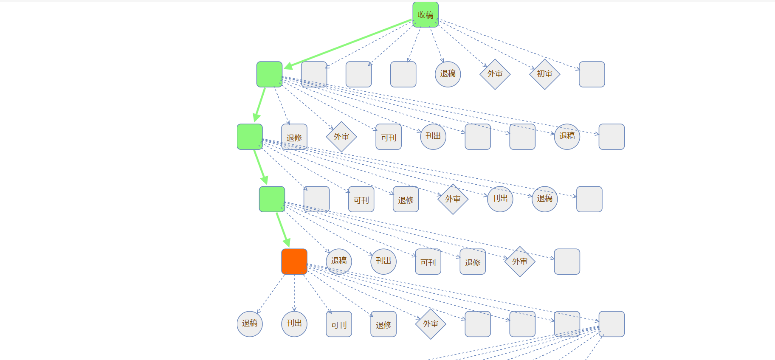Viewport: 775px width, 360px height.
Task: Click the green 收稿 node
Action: pos(426,14)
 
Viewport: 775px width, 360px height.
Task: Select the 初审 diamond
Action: pos(544,74)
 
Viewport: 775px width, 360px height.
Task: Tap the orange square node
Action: pos(294,262)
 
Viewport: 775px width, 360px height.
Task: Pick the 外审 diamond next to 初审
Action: pos(495,74)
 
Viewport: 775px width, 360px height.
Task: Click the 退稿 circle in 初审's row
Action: pos(448,74)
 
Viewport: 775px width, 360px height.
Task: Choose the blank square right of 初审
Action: pos(592,74)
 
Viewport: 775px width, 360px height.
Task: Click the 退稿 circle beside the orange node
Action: pos(339,262)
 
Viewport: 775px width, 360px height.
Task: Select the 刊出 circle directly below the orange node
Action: pos(294,324)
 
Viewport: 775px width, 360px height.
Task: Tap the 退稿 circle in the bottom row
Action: pos(250,324)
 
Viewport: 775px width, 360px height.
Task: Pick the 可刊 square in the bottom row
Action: pos(339,324)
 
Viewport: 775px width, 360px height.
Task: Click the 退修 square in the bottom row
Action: pos(383,324)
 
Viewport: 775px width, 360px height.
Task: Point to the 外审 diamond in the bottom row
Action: pos(431,324)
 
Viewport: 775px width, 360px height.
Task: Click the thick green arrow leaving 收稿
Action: pos(348,43)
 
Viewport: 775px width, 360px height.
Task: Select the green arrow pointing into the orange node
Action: pos(283,230)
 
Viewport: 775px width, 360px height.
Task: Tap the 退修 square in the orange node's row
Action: pos(473,262)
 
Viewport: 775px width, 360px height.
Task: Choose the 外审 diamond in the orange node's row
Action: pos(520,262)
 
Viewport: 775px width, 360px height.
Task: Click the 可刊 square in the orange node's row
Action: pos(428,262)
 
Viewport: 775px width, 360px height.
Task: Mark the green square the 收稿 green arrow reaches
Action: pos(269,74)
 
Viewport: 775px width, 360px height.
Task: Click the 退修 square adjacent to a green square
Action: pos(294,137)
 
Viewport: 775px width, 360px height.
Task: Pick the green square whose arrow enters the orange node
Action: pos(272,199)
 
